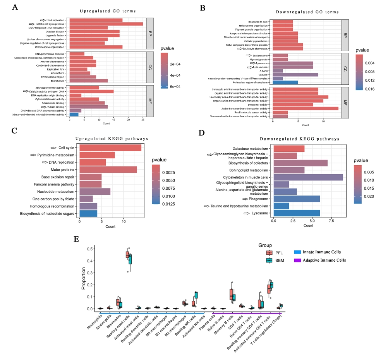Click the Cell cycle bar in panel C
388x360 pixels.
pos(110,148)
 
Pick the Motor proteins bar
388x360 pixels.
pos(108,170)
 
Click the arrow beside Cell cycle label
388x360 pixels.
pos(53,148)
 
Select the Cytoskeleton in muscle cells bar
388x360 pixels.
pos(308,177)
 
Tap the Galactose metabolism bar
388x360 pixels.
pos(289,149)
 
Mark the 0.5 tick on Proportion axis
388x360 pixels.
pos(89,249)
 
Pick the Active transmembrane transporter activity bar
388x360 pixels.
pos(306,109)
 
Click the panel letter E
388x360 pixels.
pos(76,239)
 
